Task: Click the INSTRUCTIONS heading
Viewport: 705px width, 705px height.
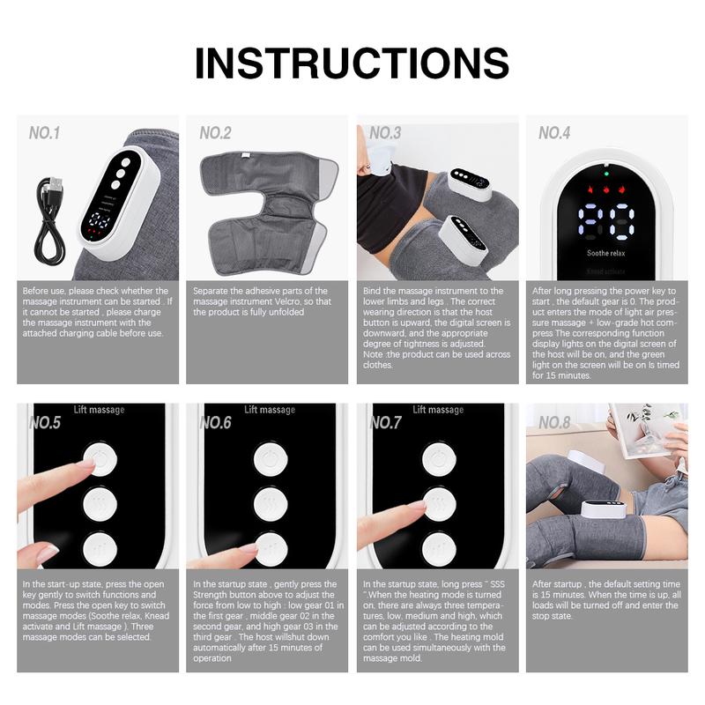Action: [352, 63]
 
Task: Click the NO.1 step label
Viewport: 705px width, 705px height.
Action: [44, 133]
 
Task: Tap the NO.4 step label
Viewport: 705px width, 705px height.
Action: [554, 133]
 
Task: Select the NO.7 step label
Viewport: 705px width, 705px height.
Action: [386, 423]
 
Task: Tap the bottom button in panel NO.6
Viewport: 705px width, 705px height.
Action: [270, 549]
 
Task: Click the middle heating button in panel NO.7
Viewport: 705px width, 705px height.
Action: [438, 504]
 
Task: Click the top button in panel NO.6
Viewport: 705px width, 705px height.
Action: [270, 459]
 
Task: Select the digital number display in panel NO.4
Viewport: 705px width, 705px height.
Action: [606, 221]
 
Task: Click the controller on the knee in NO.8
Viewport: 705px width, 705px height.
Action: [605, 510]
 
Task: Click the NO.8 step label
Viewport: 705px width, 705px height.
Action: [554, 423]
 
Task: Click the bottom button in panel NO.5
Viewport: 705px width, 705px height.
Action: [100, 549]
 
